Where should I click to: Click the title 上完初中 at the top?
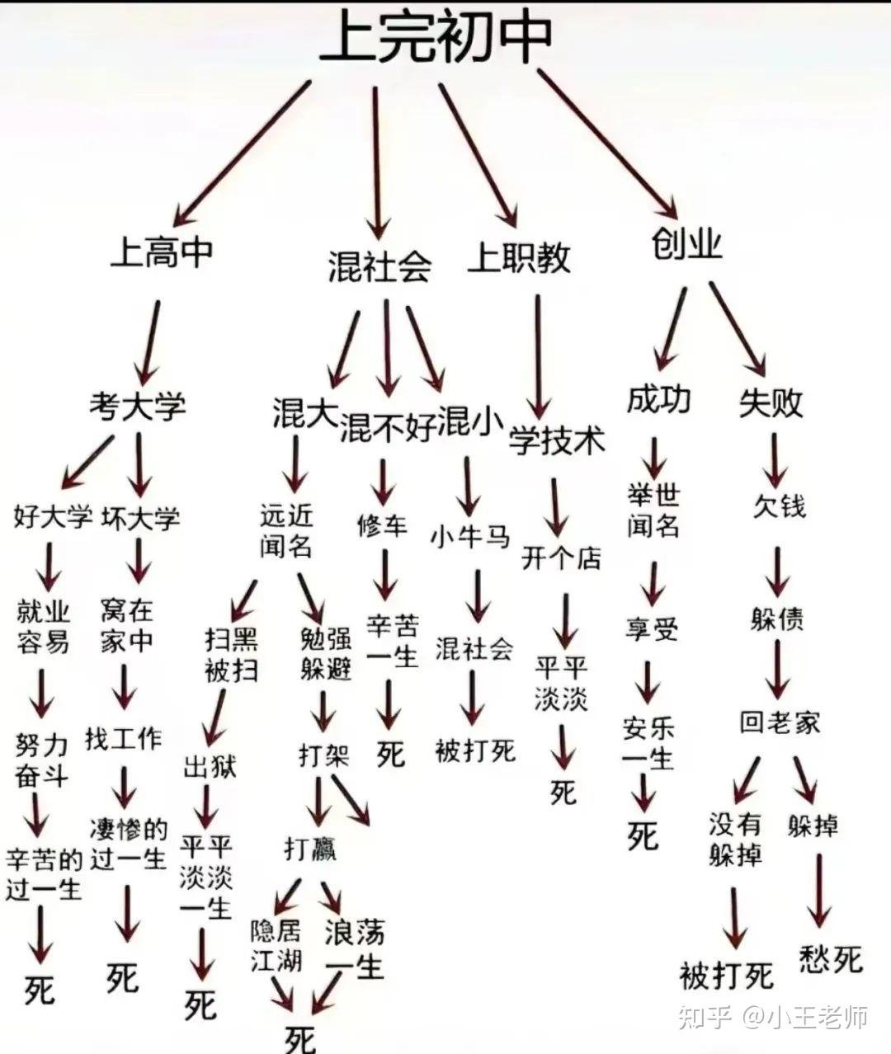pyautogui.click(x=436, y=37)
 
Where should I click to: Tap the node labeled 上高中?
pyautogui.click(x=163, y=252)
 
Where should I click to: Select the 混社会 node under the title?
pyautogui.click(x=379, y=266)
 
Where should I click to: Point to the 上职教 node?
pyautogui.click(x=519, y=258)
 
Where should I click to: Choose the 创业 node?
pyautogui.click(x=686, y=244)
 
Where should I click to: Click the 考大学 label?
pyautogui.click(x=138, y=406)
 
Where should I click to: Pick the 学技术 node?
pyautogui.click(x=557, y=440)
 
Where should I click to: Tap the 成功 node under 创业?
pyautogui.click(x=658, y=400)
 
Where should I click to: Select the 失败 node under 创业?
pyautogui.click(x=771, y=403)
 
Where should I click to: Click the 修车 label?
pyautogui.click(x=382, y=525)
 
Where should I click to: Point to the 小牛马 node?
pyautogui.click(x=470, y=536)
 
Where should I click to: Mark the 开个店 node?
pyautogui.click(x=561, y=558)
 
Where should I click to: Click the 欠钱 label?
pyautogui.click(x=779, y=505)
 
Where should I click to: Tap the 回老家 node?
pyautogui.click(x=780, y=723)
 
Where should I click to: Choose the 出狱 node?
pyautogui.click(x=210, y=767)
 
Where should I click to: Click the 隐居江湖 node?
pyautogui.click(x=276, y=946)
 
